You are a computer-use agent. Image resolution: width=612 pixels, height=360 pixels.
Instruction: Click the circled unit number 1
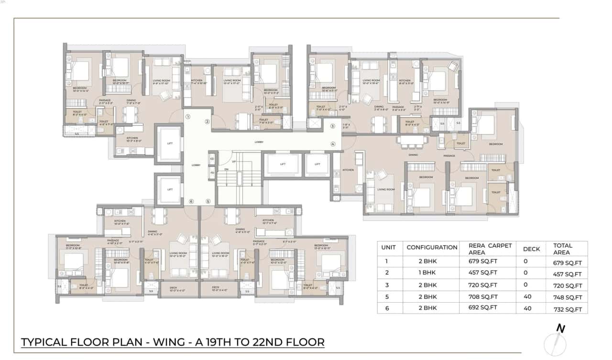[188, 116]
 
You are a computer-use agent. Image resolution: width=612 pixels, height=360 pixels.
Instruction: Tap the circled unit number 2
[207, 121]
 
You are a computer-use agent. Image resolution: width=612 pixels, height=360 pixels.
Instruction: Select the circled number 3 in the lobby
[332, 126]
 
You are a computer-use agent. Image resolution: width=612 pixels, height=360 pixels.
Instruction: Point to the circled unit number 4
[333, 144]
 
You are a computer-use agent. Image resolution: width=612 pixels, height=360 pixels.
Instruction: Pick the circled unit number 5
[208, 201]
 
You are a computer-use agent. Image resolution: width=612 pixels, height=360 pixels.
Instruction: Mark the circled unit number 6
[191, 201]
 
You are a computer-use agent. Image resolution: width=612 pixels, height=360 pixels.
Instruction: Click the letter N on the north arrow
[560, 328]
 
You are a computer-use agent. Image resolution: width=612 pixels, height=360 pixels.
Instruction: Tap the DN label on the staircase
[226, 169]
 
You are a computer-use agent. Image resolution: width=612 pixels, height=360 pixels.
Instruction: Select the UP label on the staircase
[234, 162]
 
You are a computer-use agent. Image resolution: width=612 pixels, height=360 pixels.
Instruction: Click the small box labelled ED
[212, 158]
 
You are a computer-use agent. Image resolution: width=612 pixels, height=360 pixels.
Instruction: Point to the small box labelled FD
[212, 173]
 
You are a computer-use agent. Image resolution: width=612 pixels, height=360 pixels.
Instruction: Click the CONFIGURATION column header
[432, 247]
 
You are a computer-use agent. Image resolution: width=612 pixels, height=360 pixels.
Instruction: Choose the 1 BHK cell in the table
[427, 273]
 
